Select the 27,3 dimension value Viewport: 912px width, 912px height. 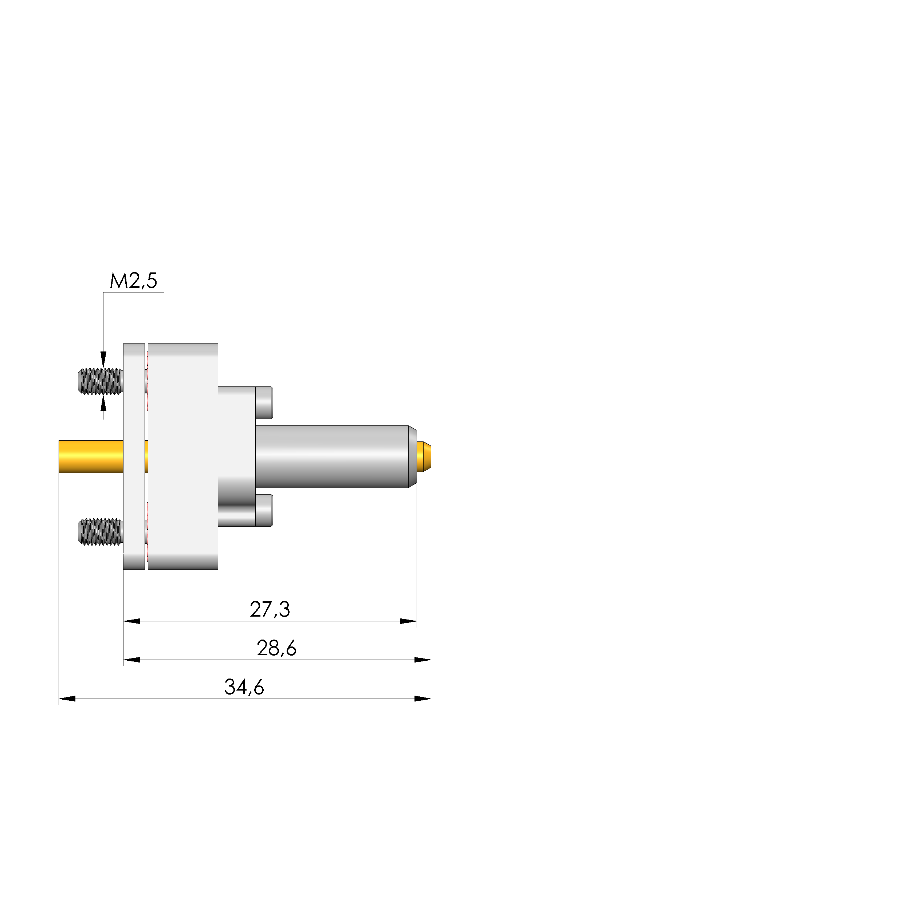point(270,609)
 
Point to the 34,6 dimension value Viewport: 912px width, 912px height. point(244,687)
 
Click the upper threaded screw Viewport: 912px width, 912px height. point(100,381)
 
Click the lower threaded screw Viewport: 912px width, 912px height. point(100,532)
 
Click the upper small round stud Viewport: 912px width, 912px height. point(264,403)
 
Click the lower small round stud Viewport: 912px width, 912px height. point(264,510)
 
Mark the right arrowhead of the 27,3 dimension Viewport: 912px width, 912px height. point(409,621)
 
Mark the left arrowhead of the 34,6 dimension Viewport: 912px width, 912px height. point(67,699)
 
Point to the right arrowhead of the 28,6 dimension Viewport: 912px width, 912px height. point(423,660)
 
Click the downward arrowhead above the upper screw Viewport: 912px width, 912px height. point(103,359)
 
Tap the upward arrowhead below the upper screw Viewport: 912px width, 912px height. point(103,404)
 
